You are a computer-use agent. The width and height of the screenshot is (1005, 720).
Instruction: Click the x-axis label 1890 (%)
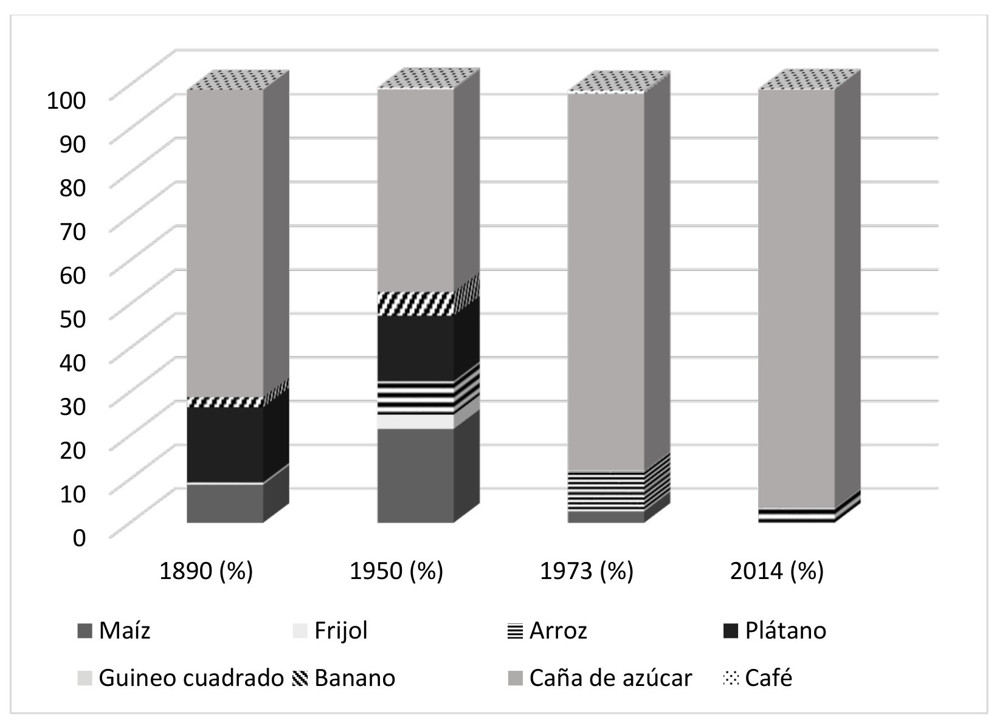(206, 571)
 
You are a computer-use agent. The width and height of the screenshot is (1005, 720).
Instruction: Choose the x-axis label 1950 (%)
(396, 571)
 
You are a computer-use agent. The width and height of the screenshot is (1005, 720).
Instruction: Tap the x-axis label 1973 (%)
(587, 571)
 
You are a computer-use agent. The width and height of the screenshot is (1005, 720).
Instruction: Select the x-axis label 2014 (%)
(777, 571)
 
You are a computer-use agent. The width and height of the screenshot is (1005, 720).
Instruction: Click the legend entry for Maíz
(124, 631)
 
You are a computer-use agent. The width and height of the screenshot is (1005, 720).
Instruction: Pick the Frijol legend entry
(340, 631)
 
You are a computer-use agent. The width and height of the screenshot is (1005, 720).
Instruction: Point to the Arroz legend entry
(558, 631)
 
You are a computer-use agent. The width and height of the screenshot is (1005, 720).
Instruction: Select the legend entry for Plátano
(785, 631)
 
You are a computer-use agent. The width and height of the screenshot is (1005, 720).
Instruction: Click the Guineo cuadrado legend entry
(190, 677)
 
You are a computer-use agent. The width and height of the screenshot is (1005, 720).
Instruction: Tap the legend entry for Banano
(354, 677)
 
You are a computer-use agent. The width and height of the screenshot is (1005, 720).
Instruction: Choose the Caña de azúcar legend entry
(610, 677)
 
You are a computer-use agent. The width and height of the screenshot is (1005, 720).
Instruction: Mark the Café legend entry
(768, 677)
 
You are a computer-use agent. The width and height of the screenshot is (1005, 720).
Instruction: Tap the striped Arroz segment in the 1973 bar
(606, 491)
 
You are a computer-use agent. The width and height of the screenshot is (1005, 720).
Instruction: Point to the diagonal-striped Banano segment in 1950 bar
(415, 303)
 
